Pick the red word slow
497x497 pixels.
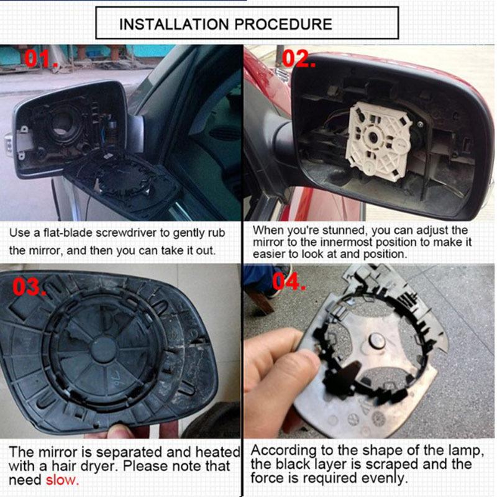point(62,480)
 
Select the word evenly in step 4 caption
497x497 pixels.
point(385,478)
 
